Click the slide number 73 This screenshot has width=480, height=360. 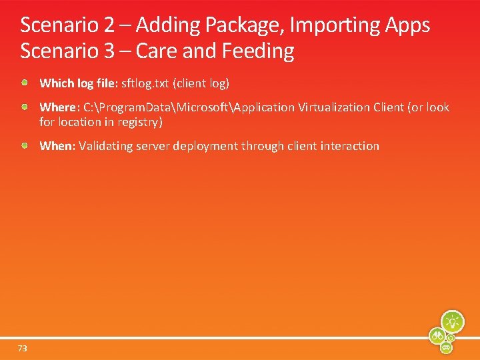[x=23, y=349]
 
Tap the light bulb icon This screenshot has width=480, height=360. [x=453, y=322]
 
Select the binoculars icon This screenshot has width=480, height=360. [x=438, y=335]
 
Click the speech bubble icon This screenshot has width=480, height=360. [x=447, y=347]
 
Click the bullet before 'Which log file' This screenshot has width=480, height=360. [x=25, y=83]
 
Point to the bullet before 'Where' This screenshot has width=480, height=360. [x=25, y=107]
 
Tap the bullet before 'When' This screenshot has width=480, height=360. [x=25, y=145]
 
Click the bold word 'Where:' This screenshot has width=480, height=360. [x=59, y=107]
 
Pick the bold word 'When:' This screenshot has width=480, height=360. [x=57, y=146]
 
